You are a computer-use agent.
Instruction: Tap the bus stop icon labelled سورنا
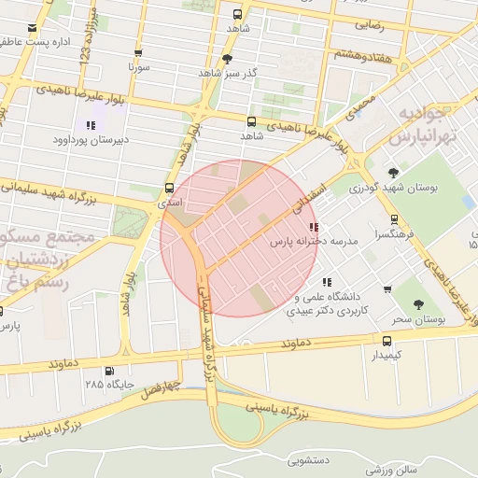coord(138,53)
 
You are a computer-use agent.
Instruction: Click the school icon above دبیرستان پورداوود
coord(91,125)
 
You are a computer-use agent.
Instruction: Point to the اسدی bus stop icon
coord(168,187)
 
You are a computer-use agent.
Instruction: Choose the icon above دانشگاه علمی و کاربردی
coord(326,281)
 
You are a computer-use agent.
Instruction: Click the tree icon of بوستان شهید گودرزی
coord(393,173)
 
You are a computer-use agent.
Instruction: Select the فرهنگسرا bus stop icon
coord(394,220)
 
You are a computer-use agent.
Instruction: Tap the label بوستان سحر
coord(415,319)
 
